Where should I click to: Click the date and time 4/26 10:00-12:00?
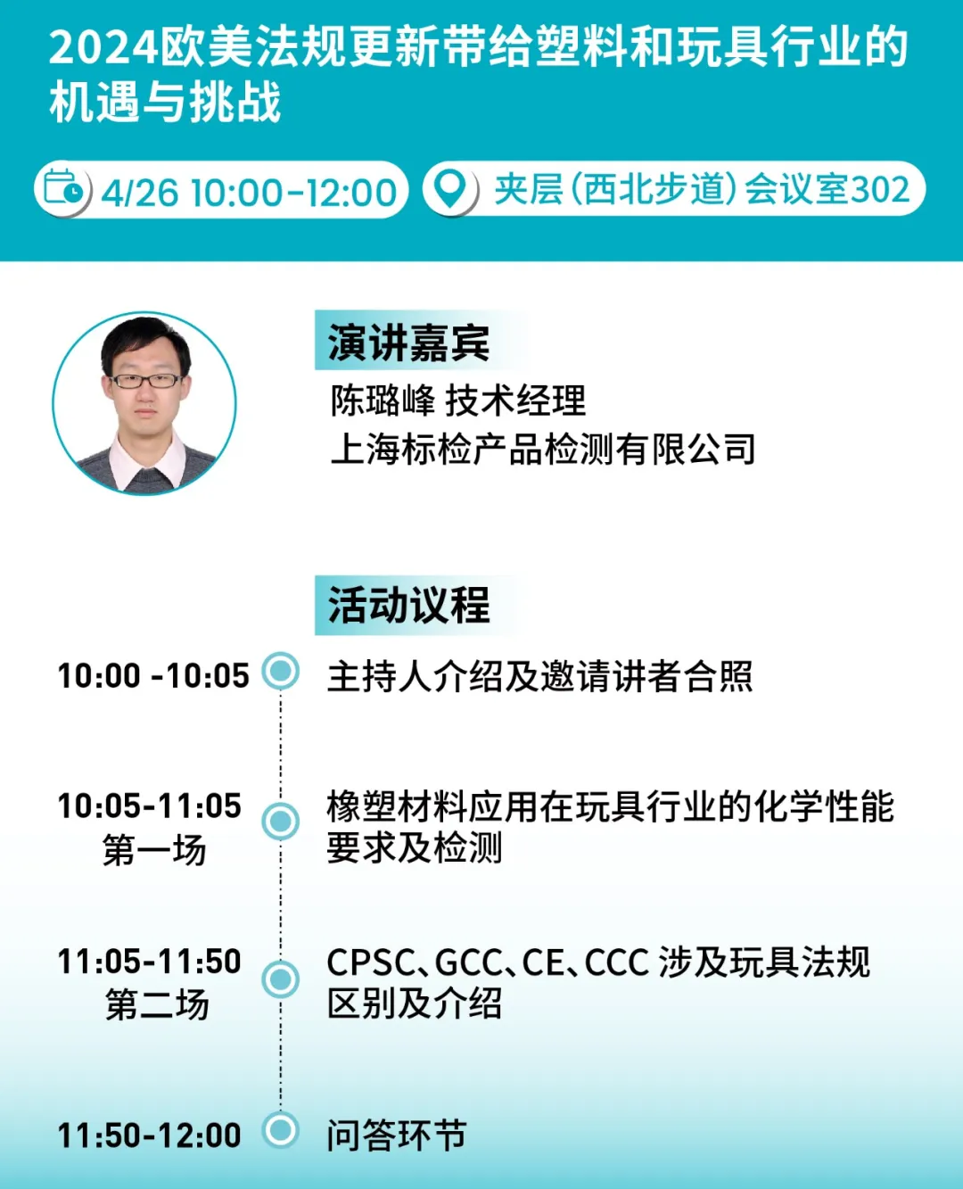point(249,193)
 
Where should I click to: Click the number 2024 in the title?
point(104,48)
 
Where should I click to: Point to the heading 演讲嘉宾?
point(408,343)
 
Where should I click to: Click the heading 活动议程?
point(408,605)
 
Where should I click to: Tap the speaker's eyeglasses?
point(146,381)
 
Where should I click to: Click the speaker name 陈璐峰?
point(383,400)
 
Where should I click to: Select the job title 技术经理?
point(515,400)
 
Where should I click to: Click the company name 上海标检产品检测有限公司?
point(543,449)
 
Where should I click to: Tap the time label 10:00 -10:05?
point(153,676)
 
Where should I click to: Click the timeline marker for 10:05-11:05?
point(281,822)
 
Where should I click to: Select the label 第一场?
point(154,850)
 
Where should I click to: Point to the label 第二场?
point(157,1005)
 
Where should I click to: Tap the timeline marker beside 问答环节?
point(281,1130)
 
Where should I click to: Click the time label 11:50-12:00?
point(150,1135)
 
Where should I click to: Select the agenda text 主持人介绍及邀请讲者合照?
point(540,676)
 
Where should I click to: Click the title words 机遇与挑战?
point(165,103)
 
